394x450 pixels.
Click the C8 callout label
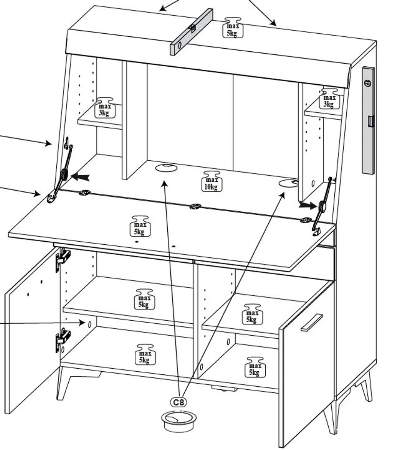[x=179, y=402]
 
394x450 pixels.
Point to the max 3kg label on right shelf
[x=329, y=99]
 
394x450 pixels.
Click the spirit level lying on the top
[x=191, y=31]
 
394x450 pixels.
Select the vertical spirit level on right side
[x=368, y=120]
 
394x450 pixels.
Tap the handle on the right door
[x=311, y=322]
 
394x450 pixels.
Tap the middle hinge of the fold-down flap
[x=195, y=206]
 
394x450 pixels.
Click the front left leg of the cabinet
[x=64, y=382]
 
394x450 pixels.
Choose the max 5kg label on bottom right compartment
[x=255, y=367]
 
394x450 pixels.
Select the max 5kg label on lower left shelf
[x=144, y=299]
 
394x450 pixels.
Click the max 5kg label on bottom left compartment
[x=145, y=354]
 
